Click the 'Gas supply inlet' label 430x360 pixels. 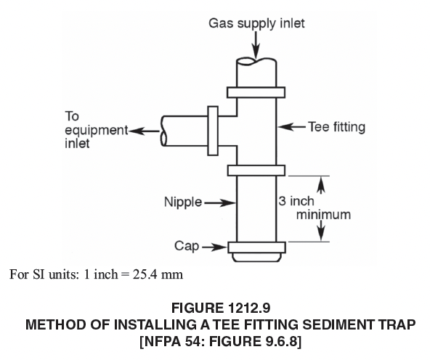coord(256,23)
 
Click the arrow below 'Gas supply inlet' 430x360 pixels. coord(256,45)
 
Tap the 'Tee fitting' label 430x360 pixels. coord(337,127)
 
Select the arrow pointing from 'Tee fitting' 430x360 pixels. coord(291,127)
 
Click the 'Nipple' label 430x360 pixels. coord(183,202)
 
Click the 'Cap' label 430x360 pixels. coord(187,246)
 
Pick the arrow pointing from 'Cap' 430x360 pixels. coord(215,247)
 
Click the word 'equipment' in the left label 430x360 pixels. coord(97,131)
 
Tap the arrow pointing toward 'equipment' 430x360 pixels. coord(145,131)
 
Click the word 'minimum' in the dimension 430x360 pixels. coord(323,215)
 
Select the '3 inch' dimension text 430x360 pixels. coord(296,201)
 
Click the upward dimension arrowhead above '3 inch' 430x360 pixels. coord(321,184)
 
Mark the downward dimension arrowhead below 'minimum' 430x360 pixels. coord(321,232)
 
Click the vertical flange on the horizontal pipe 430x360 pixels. coord(213,131)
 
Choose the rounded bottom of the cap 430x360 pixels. coord(256,258)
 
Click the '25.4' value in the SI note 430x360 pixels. coord(145,274)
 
